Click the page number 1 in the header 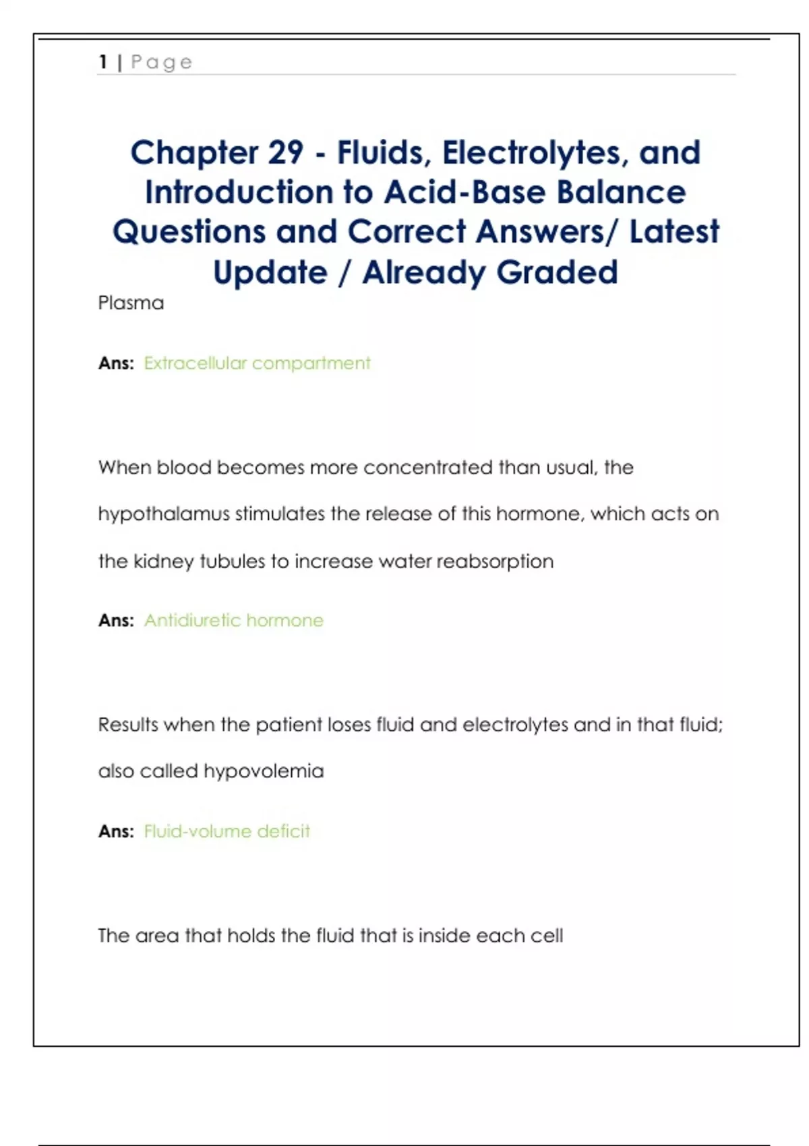click(103, 62)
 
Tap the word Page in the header click(162, 63)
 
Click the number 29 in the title click(285, 152)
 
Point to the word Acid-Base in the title click(465, 192)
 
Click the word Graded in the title click(557, 272)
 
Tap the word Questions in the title click(189, 232)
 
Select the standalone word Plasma click(131, 303)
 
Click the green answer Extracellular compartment click(257, 363)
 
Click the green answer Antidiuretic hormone click(233, 620)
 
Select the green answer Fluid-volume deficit click(227, 831)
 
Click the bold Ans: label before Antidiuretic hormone click(116, 620)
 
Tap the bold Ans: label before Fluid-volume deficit click(116, 831)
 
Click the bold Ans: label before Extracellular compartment click(116, 363)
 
